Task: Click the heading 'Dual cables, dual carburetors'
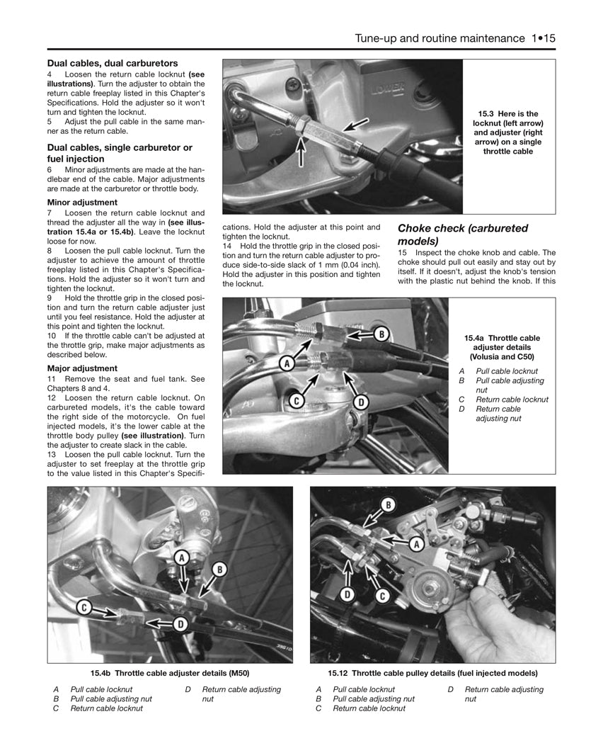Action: (113, 63)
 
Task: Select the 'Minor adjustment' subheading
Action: (82, 202)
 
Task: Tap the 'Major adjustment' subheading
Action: (82, 368)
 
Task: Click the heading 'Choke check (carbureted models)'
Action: (463, 234)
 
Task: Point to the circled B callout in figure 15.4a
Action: (381, 334)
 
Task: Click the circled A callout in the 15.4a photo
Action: (287, 364)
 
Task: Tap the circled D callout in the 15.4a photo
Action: (360, 402)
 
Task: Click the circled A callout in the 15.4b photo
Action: (181, 557)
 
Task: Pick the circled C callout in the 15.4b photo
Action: (84, 606)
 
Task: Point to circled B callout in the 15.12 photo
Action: (388, 505)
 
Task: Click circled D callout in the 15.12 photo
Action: (348, 594)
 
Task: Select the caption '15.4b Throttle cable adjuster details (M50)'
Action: (169, 673)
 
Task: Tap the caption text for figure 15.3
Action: (508, 132)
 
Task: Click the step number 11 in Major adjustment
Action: (52, 380)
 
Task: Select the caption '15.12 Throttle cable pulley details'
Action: (432, 673)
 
